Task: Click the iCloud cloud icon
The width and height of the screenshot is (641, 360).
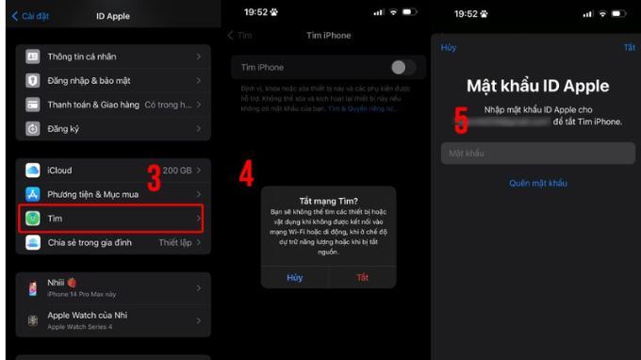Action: click(x=33, y=171)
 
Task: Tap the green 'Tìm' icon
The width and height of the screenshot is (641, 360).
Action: click(x=33, y=218)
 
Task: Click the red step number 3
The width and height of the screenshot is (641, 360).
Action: click(x=154, y=176)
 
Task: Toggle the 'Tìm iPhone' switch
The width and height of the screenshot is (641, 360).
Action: click(x=403, y=67)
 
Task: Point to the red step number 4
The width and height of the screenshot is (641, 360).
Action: click(x=246, y=174)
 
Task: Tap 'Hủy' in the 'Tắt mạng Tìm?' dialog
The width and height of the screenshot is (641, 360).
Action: click(x=295, y=277)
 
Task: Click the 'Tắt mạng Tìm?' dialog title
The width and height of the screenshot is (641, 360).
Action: click(x=329, y=200)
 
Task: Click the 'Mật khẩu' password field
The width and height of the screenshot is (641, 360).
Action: click(x=537, y=154)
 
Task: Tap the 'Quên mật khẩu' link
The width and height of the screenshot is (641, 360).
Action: click(x=537, y=183)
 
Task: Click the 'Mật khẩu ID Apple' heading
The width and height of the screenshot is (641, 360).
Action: click(x=537, y=87)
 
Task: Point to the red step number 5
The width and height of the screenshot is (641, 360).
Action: click(x=461, y=121)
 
